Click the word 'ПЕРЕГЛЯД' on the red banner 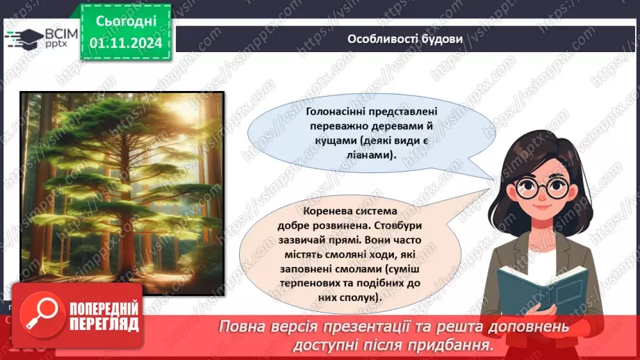click(x=97, y=325)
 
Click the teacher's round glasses click(x=543, y=187)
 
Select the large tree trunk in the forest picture click(x=65, y=208)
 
